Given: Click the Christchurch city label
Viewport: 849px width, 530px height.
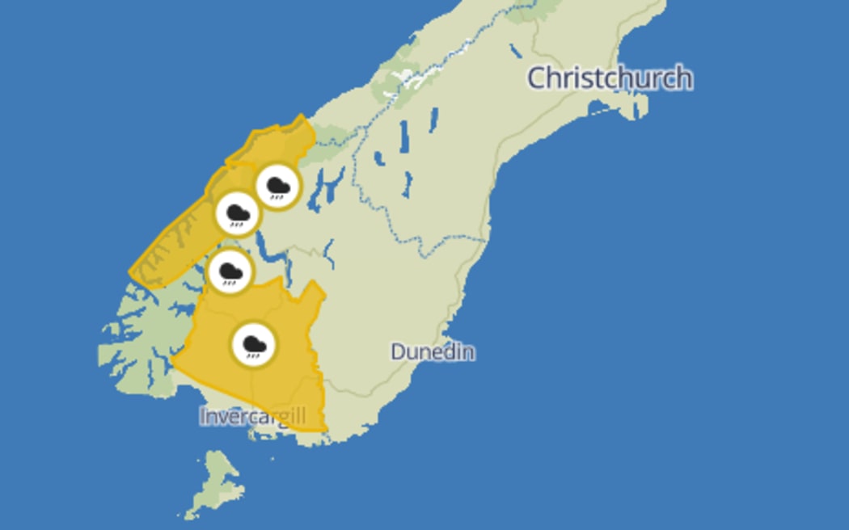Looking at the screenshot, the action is tap(610, 78).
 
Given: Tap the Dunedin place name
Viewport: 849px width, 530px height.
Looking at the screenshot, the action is tap(433, 351).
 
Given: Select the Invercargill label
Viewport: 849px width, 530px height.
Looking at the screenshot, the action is tap(252, 416).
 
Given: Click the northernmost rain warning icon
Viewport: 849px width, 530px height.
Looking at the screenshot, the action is tap(278, 187).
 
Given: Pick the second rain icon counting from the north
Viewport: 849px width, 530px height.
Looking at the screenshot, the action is tap(238, 213).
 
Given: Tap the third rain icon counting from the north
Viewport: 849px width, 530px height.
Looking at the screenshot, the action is tap(230, 271).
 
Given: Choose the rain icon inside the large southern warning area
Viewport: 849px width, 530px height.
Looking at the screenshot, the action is tap(254, 345).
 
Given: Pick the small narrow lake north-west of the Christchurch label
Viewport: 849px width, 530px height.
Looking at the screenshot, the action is tap(515, 50).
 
